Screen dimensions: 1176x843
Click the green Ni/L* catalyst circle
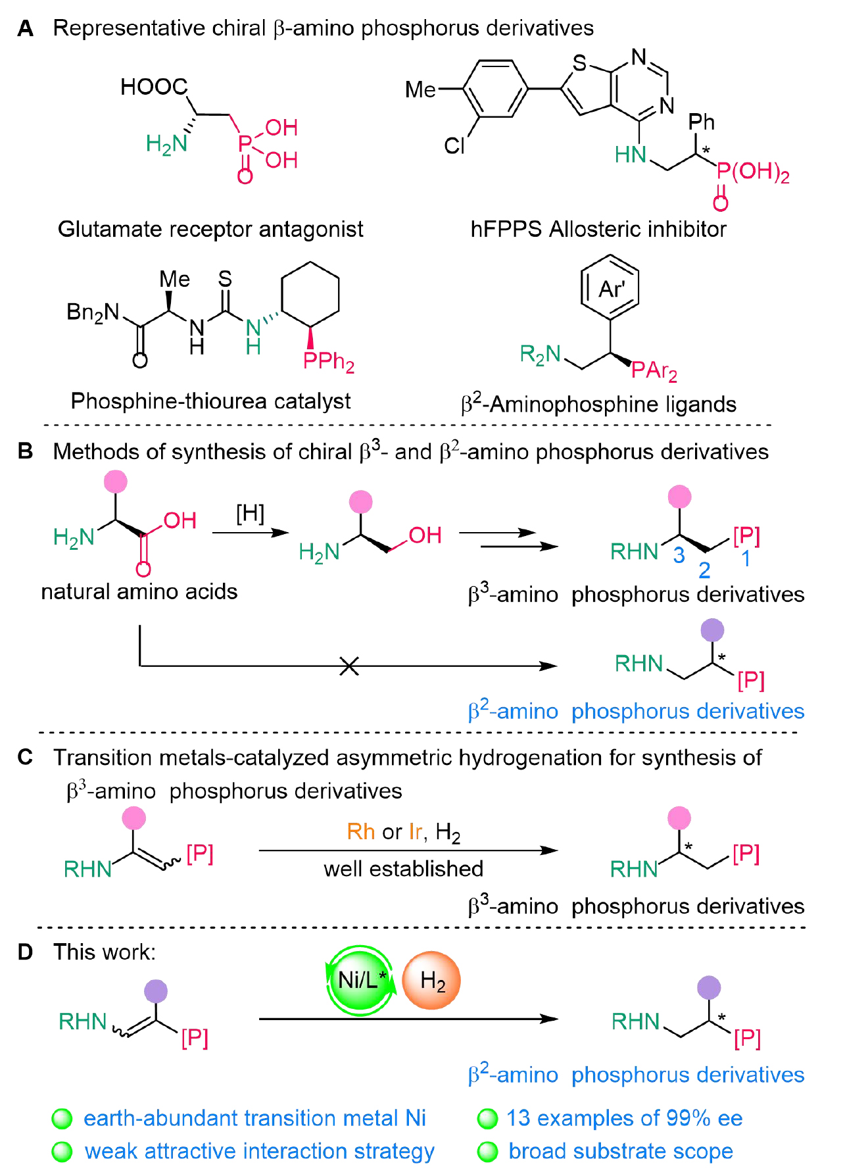tap(360, 980)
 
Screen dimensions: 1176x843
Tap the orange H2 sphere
tap(431, 981)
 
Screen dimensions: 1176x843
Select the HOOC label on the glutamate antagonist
tap(154, 87)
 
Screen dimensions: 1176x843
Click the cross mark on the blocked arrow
tap(349, 666)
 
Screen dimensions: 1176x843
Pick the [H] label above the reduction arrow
tap(251, 513)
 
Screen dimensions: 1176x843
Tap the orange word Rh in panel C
tap(360, 831)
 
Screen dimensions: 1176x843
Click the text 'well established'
tap(403, 869)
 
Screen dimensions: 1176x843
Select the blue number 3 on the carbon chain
tap(679, 556)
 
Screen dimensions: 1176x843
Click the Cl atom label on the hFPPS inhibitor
tap(454, 145)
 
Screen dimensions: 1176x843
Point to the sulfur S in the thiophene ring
tap(579, 63)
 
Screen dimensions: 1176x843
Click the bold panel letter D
tap(25, 952)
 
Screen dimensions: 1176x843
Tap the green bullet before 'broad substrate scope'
tap(488, 1152)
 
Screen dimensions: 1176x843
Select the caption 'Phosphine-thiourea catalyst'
tap(210, 401)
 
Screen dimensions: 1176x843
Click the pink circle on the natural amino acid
tap(116, 481)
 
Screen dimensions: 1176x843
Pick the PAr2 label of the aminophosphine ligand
tap(654, 372)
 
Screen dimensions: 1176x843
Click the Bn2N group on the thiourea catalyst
tap(93, 312)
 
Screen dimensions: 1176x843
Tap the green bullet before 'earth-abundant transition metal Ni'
tap(62, 1118)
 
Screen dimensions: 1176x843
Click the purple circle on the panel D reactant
tap(156, 991)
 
